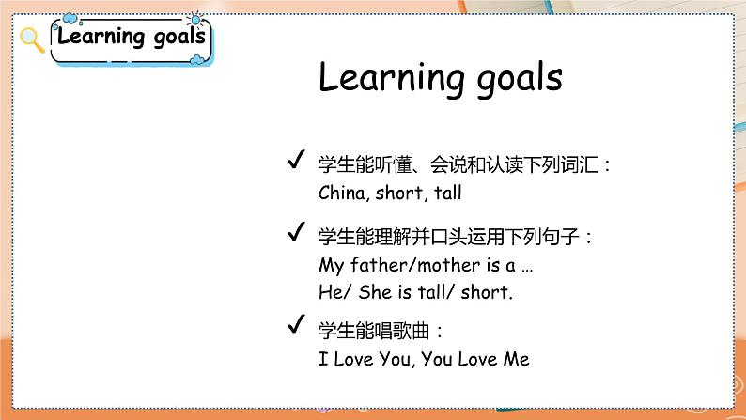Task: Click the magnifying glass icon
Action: pos(32,39)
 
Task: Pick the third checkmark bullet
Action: pos(293,326)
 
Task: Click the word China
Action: pos(342,194)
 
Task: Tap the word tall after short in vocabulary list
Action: pos(448,194)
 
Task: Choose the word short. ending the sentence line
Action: pos(488,292)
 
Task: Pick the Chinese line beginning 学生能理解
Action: pos(456,236)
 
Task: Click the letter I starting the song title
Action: pos(323,359)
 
